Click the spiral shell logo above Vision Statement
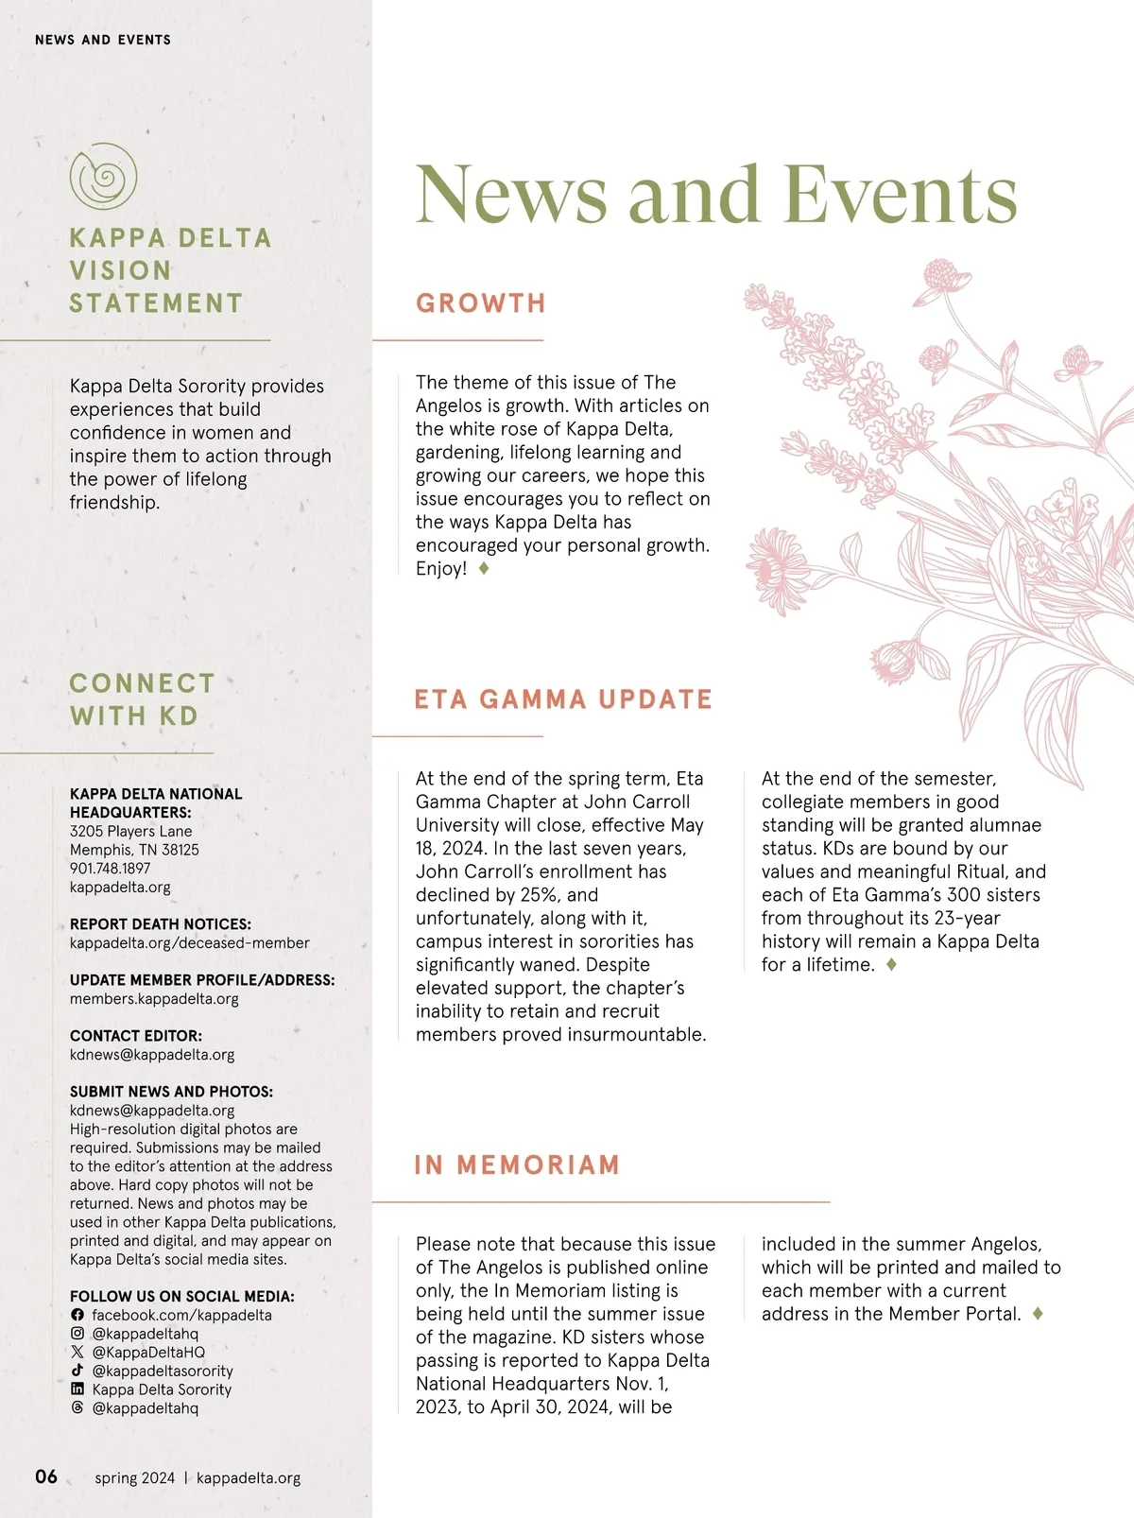[x=103, y=177]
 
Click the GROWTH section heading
[x=481, y=303]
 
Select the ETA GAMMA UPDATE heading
[x=563, y=699]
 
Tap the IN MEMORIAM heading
[x=517, y=1164]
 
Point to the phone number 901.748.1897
[x=110, y=869]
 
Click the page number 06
[x=46, y=1476]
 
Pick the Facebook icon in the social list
[x=77, y=1315]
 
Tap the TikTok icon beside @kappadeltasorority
[x=77, y=1371]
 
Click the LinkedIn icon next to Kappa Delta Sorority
[x=77, y=1389]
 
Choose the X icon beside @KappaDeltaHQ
[x=77, y=1353]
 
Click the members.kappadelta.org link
[x=154, y=999]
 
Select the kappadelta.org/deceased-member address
[x=189, y=943]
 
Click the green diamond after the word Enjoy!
[x=484, y=568]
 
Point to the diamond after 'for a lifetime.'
[x=891, y=965]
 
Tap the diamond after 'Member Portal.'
[x=1038, y=1314]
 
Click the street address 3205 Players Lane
[x=130, y=832]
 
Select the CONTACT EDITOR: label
[x=136, y=1036]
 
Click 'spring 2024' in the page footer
[x=134, y=1478]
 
